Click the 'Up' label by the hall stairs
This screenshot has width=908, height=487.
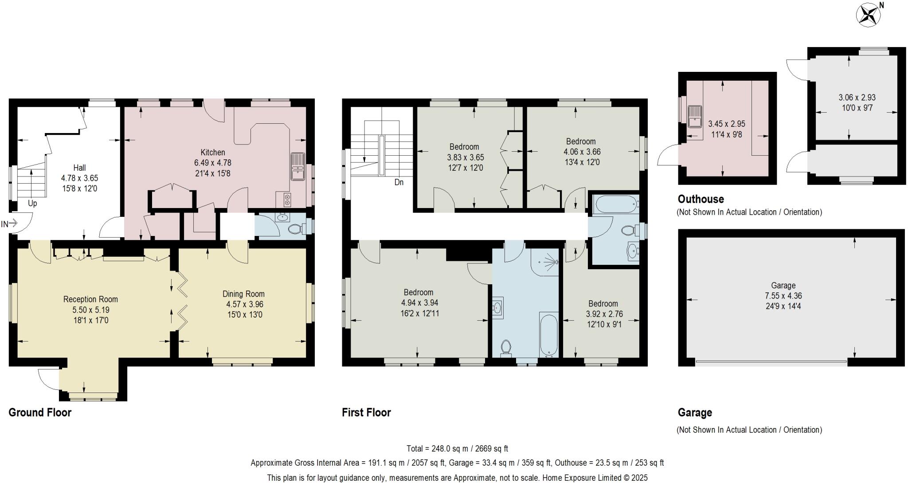point(32,204)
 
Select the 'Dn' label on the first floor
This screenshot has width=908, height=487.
point(399,182)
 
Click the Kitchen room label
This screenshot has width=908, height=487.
point(213,152)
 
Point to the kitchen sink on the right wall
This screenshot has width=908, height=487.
point(298,166)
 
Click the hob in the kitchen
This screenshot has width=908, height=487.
point(287,200)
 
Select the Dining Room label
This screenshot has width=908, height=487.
point(243,294)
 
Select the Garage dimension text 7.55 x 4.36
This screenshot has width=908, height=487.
point(783,296)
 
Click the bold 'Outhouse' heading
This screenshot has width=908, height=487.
point(701,199)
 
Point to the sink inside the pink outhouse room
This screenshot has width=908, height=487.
point(693,116)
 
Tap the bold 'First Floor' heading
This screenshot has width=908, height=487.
point(366,412)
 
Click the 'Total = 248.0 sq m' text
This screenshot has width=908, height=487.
point(457,448)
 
